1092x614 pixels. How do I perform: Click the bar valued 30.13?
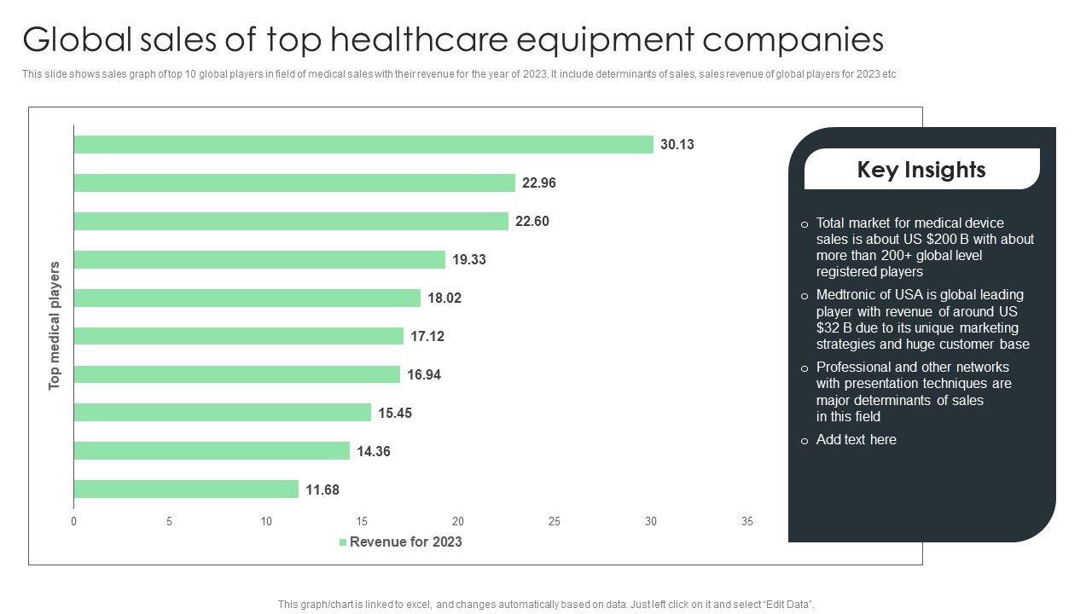coord(363,144)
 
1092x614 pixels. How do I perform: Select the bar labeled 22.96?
coord(294,182)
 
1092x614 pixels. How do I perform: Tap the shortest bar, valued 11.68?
coord(186,489)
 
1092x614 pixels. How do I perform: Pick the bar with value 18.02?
coord(247,298)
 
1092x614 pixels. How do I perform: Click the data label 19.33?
coord(469,260)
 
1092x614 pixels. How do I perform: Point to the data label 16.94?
coord(424,375)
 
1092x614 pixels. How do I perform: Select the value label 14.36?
coord(374,452)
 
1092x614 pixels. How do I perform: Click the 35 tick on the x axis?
coord(747,522)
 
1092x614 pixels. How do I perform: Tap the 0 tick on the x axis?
coord(74,522)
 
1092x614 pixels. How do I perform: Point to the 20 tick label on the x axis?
coord(458,522)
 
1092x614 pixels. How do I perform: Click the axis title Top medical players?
coord(55,326)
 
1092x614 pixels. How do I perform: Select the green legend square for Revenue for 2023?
coord(343,542)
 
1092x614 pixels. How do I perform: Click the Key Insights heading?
coord(921,170)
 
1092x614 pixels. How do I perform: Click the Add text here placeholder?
coord(856,440)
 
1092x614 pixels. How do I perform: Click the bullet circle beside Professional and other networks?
coord(804,368)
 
